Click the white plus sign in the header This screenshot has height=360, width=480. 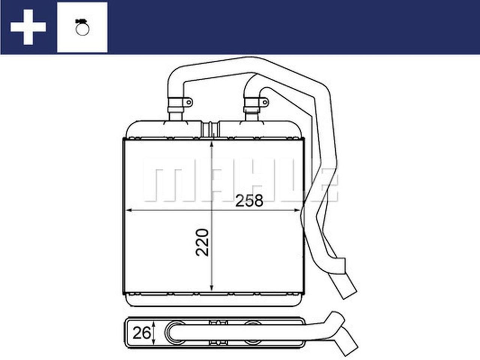(x=28, y=27)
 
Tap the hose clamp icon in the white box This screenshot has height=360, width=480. (x=82, y=27)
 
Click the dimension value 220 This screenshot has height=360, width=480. (x=202, y=242)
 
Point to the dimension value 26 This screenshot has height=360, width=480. (x=142, y=333)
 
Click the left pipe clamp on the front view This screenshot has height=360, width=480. (x=175, y=105)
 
